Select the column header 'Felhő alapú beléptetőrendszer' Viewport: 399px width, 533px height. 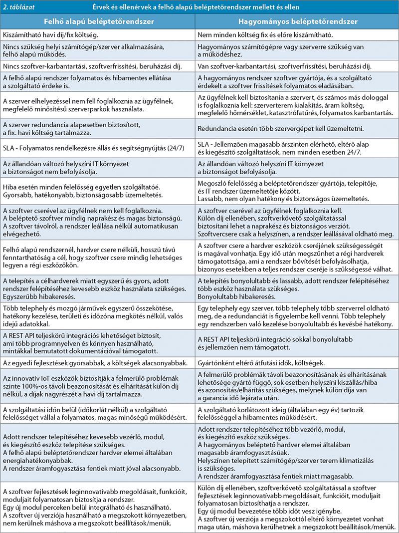[98, 22]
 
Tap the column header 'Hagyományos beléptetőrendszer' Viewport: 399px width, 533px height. [297, 22]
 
